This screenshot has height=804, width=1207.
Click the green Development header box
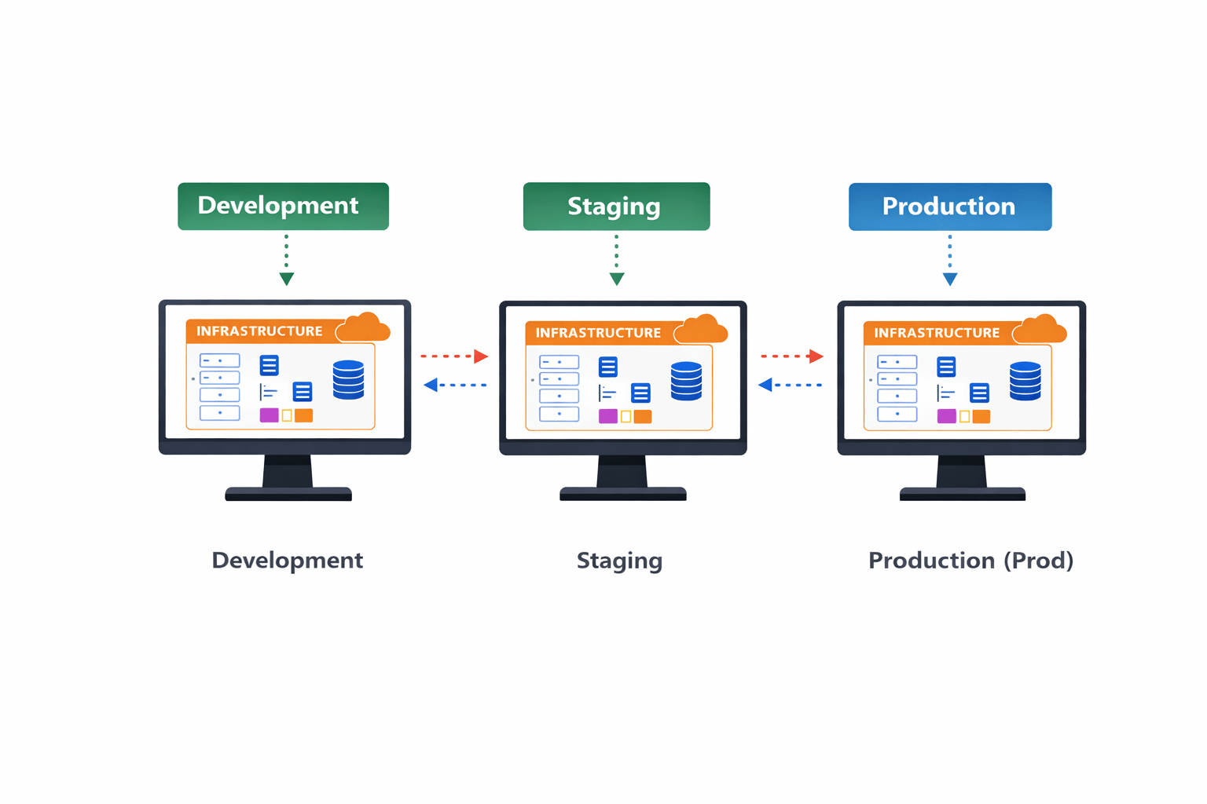(283, 206)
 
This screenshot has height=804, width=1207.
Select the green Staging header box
(616, 206)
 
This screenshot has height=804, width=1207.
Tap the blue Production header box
(949, 206)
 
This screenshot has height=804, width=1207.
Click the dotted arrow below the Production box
(949, 259)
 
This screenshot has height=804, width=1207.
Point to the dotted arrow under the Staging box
(617, 259)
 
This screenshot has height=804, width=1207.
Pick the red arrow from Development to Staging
(454, 356)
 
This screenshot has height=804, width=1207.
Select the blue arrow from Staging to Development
(454, 385)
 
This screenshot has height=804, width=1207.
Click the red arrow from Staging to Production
(791, 356)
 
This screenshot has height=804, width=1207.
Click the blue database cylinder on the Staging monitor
(686, 381)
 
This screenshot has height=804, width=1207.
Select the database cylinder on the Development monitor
(348, 380)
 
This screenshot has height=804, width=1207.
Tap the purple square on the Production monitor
(946, 416)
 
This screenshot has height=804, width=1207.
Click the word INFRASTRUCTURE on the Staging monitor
(598, 333)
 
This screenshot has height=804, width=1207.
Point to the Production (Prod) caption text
(970, 561)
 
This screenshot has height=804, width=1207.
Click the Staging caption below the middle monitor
(619, 561)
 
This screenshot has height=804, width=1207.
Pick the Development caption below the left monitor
(287, 561)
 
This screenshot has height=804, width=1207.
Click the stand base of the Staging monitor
(622, 494)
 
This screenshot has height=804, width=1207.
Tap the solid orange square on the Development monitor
(303, 415)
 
